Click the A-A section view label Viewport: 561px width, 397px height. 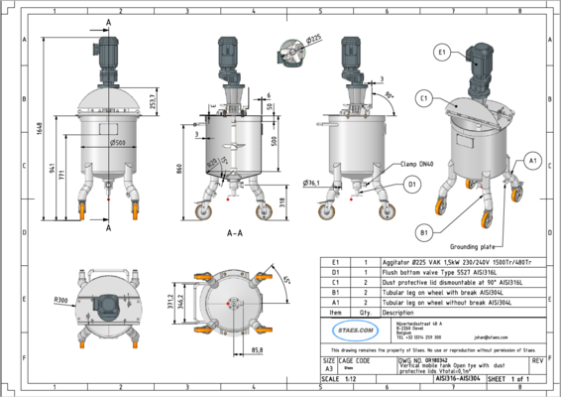point(235,234)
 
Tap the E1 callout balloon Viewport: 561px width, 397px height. point(443,50)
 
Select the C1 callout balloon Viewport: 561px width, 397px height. point(423,98)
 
